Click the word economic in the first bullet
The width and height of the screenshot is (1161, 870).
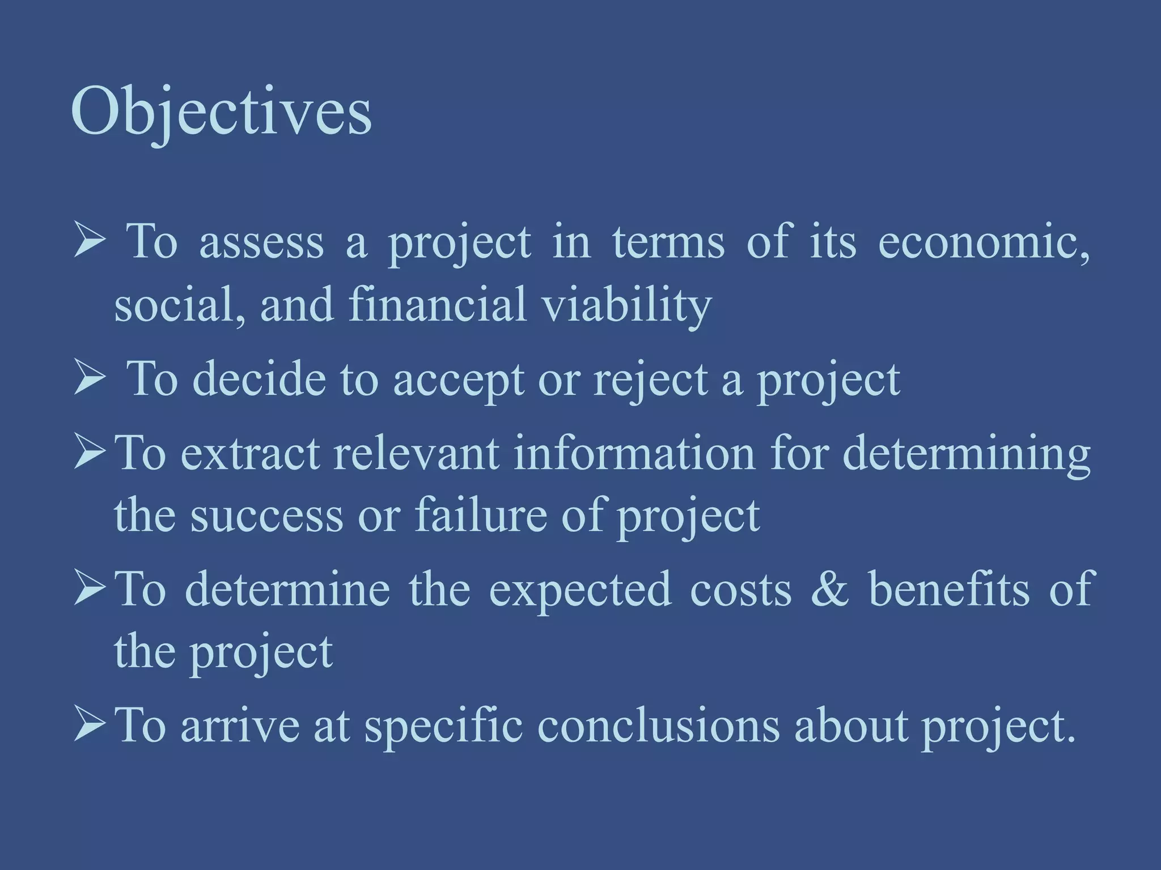[x=983, y=242]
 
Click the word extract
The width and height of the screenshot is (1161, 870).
[x=250, y=453]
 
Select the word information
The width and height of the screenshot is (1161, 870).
[x=634, y=453]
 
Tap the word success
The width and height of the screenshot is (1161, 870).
[x=266, y=515]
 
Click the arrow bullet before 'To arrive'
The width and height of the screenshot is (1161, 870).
[x=90, y=725]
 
